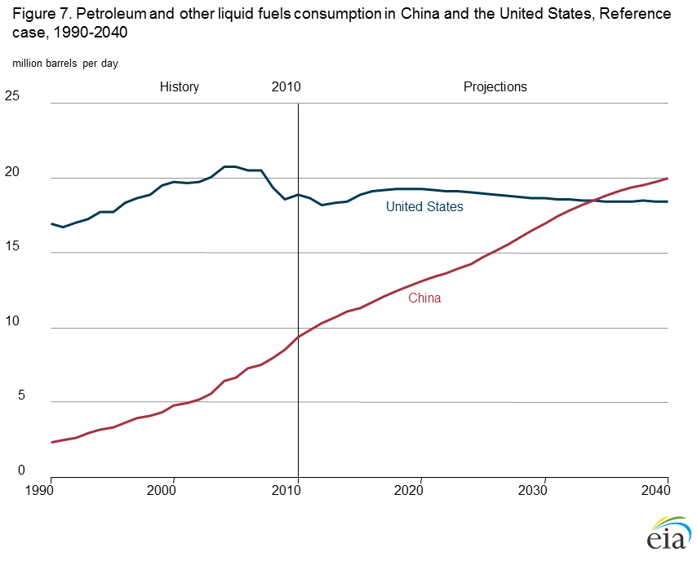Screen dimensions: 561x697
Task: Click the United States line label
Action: point(424,207)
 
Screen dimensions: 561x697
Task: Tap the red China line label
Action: point(424,298)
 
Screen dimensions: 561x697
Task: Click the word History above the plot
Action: point(180,87)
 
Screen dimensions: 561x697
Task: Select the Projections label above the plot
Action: point(495,87)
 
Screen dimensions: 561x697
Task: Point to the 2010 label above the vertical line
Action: point(286,87)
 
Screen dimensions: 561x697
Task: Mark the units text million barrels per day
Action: point(65,64)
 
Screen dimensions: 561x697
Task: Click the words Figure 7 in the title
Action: point(38,15)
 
